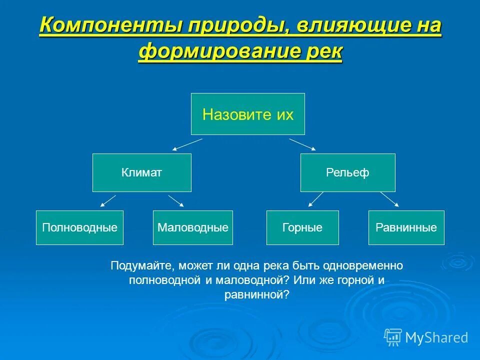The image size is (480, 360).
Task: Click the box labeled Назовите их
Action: [247, 114]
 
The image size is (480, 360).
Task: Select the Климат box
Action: [141, 173]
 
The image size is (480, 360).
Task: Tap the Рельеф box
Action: [347, 173]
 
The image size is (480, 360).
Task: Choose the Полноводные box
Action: [79, 227]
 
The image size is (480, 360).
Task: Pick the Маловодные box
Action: [192, 227]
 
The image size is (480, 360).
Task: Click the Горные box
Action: [302, 227]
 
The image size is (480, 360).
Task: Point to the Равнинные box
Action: [406, 227]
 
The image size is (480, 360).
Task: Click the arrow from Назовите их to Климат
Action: [187, 144]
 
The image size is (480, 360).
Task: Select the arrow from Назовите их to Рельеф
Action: [302, 144]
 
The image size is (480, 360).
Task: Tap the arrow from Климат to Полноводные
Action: [108, 200]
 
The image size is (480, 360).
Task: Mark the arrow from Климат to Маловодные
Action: [176, 200]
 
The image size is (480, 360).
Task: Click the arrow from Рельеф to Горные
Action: [316, 199]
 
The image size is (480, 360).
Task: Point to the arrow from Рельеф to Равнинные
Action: [389, 199]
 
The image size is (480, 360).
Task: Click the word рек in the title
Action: [324, 51]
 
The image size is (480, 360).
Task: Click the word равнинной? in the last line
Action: [257, 295]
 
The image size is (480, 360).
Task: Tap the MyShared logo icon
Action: [393, 337]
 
